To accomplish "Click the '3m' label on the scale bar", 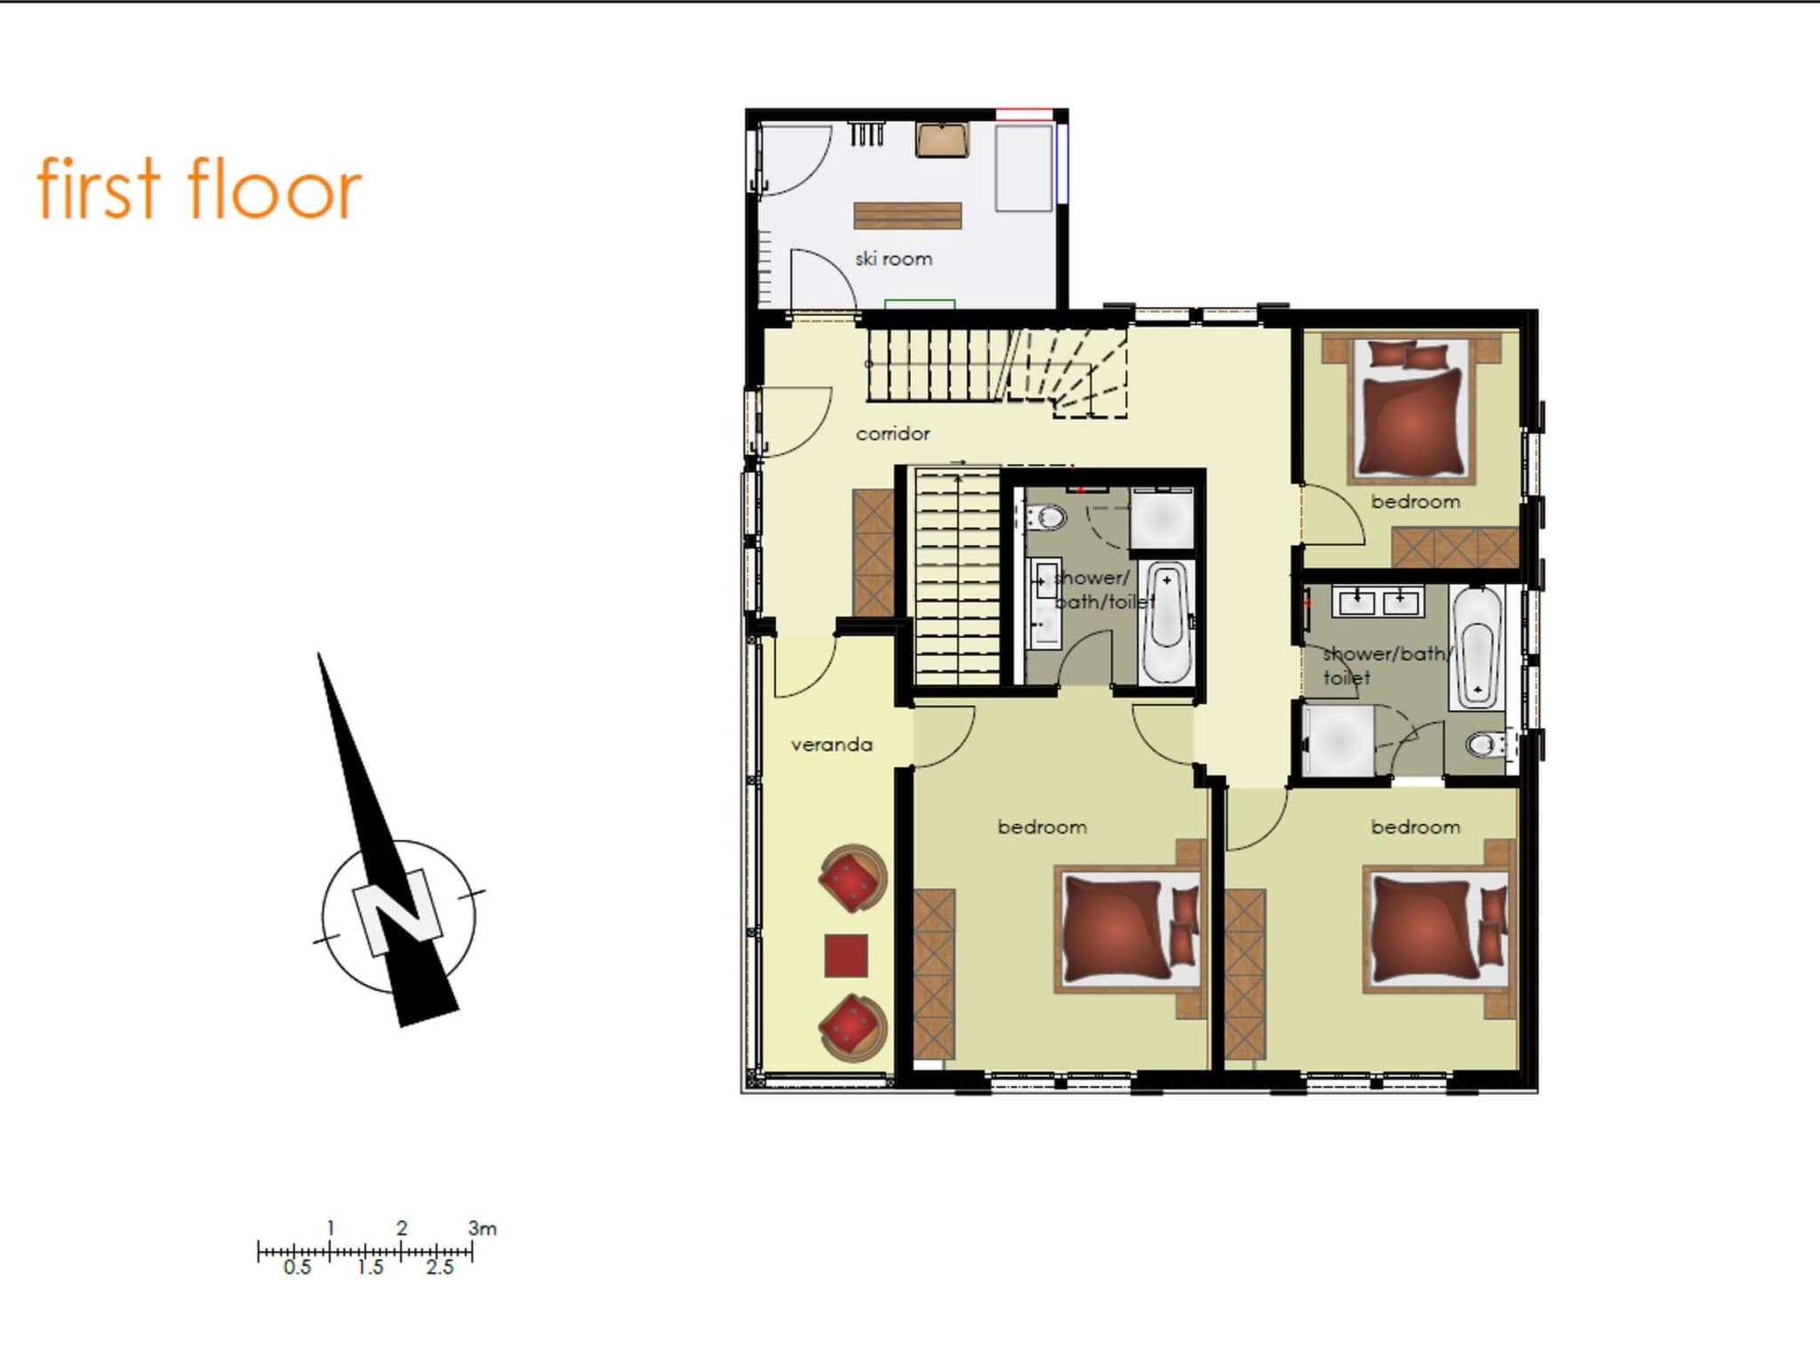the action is [483, 1228].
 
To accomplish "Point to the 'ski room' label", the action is [893, 259].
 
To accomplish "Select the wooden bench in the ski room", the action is [907, 216].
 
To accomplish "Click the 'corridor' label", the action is [892, 434].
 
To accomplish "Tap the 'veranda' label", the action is [832, 745].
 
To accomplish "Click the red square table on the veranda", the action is [846, 955].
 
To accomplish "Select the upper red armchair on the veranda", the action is [853, 879].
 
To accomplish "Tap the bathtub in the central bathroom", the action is [1166, 622].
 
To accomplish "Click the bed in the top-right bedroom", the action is [1411, 410].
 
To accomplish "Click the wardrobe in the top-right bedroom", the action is [1455, 547].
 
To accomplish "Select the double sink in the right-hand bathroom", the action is [1377, 601].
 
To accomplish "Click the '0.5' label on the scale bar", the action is [298, 1267].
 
